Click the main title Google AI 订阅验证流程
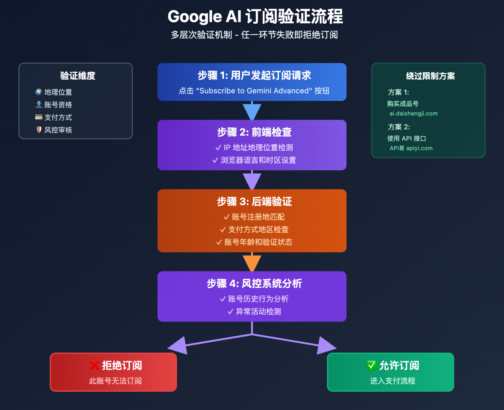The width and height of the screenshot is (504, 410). [x=255, y=16]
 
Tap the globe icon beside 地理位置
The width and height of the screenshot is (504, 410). [x=39, y=92]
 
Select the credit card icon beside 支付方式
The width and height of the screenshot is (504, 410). [x=39, y=117]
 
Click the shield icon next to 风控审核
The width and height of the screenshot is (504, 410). [x=39, y=130]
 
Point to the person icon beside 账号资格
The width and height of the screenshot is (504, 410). [x=39, y=104]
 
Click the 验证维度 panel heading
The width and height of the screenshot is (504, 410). [x=77, y=76]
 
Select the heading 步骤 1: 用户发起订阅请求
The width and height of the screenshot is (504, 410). [x=254, y=75]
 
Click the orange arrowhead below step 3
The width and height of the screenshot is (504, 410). [x=252, y=263]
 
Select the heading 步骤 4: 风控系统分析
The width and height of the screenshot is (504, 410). [x=254, y=284]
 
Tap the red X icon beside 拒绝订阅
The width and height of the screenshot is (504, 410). [x=94, y=366]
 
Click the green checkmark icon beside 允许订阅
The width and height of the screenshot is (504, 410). [x=372, y=365]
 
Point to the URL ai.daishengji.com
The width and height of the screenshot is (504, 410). [x=413, y=114]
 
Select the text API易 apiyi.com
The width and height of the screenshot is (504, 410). [x=411, y=148]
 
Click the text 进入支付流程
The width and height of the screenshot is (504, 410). [x=392, y=381]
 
